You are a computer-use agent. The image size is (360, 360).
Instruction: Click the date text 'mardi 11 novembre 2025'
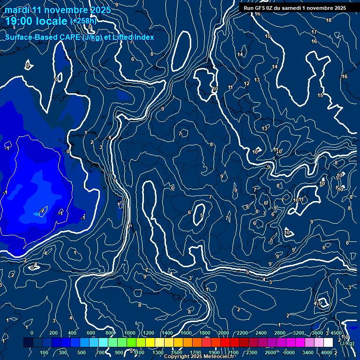(58, 10)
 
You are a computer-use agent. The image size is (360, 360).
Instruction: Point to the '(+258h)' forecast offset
(84, 21)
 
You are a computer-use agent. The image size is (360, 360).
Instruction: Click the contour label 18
(329, 20)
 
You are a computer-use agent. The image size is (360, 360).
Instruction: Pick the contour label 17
(314, 32)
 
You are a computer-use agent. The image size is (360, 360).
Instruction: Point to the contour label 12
(247, 84)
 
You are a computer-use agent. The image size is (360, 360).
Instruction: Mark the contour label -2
(42, 210)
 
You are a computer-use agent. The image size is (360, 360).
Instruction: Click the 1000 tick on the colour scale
(129, 333)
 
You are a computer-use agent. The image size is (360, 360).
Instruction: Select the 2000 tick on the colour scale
(223, 333)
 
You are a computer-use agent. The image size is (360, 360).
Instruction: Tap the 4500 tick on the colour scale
(336, 333)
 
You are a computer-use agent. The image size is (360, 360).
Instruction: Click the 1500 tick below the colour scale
(177, 352)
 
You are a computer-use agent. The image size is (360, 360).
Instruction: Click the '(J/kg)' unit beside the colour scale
(347, 344)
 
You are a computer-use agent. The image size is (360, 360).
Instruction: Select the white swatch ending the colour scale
(328, 343)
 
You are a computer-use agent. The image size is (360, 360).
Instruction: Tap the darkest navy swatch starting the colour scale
(28, 343)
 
